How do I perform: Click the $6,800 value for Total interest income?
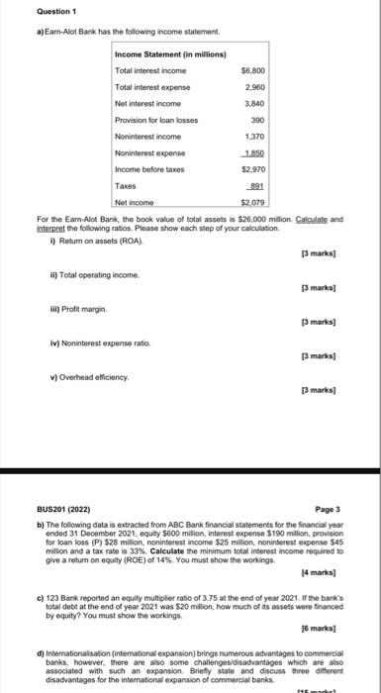(252, 71)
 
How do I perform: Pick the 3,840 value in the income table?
(254, 103)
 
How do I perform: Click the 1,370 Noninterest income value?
(254, 137)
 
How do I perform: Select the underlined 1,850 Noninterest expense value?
(254, 152)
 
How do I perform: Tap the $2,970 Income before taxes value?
(253, 169)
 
